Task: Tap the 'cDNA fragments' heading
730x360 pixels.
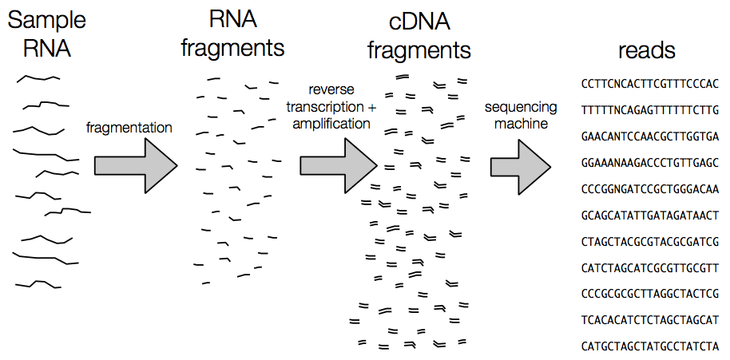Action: [419, 35]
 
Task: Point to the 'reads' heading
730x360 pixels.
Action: [647, 50]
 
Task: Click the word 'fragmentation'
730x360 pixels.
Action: [129, 127]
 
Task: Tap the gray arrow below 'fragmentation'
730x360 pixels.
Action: [134, 165]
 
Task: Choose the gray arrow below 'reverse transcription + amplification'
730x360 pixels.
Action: [338, 165]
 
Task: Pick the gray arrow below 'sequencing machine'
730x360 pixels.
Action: [520, 165]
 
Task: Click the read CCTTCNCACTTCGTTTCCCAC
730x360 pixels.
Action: [651, 83]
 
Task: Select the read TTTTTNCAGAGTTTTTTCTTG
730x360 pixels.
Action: [651, 109]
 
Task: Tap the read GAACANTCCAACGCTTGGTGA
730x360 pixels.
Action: [651, 136]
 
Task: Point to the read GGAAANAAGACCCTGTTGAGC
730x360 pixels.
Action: [651, 162]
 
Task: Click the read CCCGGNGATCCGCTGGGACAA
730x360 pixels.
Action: [651, 188]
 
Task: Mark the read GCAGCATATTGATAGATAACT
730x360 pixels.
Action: [651, 215]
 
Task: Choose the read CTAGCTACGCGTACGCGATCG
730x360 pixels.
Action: [651, 241]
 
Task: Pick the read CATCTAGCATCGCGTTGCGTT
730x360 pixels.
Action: [651, 267]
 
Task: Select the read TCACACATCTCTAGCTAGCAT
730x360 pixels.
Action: [651, 320]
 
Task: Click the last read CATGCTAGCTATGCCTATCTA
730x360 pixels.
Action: [651, 346]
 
